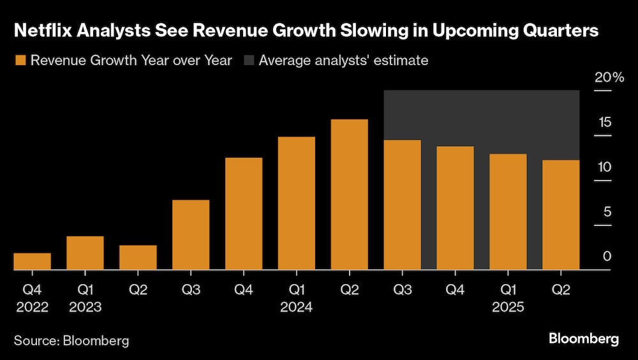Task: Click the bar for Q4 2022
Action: [32, 261]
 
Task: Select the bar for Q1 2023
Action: [85, 253]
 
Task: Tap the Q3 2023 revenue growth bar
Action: [191, 234]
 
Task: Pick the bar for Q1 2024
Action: [296, 203]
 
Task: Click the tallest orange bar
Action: [349, 194]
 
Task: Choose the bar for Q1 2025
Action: [508, 211]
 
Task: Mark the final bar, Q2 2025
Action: [561, 214]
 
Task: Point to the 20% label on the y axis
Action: [609, 78]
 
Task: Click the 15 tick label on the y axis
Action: [605, 123]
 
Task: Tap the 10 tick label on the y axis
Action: [604, 167]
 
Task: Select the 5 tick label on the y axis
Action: [607, 212]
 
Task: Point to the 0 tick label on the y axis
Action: [607, 257]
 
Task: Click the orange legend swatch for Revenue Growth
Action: [20, 61]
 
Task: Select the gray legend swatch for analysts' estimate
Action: [248, 61]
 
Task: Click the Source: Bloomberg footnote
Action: [71, 340]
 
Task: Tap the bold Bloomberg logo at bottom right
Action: [584, 339]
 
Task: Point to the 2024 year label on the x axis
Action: [296, 307]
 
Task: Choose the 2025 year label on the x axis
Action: [508, 307]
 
